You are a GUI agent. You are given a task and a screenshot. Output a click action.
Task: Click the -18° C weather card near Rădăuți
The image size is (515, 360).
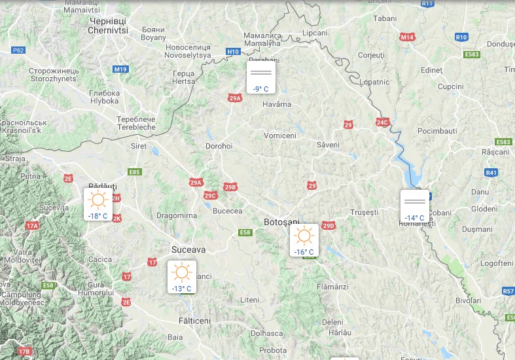coord(98,204)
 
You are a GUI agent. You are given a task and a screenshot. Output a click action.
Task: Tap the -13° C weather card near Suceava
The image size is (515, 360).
coord(181,277)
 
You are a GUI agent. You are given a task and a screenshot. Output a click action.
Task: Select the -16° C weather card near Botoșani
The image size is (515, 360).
coord(304,240)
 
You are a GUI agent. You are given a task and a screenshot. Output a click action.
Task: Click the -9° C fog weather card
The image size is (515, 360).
coord(261,77)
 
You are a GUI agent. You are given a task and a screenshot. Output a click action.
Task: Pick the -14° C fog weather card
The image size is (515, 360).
coord(415,206)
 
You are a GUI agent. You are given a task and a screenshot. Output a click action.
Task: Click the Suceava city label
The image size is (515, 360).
coord(188,249)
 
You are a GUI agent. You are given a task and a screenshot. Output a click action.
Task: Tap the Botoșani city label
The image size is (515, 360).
coord(281,223)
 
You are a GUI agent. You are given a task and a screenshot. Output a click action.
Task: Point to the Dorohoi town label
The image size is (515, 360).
coord(219,147)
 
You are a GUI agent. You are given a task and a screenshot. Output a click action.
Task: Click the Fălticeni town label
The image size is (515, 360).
coord(195,321)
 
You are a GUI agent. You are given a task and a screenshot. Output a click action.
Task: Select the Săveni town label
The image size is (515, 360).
coord(328,144)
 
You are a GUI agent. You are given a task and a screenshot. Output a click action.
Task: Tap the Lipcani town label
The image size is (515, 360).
coord(315,33)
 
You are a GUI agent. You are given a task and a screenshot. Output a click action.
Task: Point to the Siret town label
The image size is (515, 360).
coord(139,147)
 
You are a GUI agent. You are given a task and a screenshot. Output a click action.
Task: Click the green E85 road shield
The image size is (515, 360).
coord(135,172)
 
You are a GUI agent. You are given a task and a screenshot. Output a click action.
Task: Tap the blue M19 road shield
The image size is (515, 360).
coord(120,69)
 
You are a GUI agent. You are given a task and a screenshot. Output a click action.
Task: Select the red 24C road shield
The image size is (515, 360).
coord(383,122)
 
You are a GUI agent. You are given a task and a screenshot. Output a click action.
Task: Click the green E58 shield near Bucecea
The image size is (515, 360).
coord(245,232)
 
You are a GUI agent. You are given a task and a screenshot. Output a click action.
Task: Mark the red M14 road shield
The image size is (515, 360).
coord(408,38)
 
